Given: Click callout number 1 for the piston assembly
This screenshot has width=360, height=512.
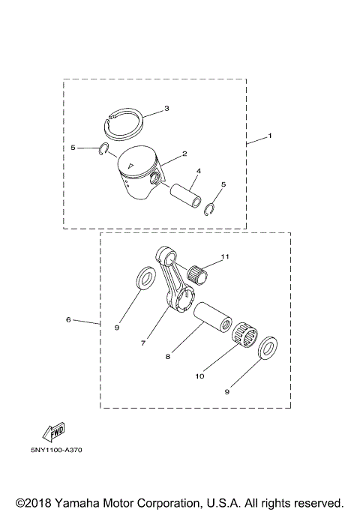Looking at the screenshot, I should tap(270, 136).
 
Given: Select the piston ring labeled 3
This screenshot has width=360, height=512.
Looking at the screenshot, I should tap(124, 118).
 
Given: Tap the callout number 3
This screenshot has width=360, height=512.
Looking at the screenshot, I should tap(166, 108).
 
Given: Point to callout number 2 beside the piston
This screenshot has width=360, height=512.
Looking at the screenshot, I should tap(184, 156).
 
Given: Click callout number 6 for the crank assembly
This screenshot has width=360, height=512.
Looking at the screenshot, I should tap(68, 319).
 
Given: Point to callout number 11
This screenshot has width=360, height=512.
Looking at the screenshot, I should tap(226, 257).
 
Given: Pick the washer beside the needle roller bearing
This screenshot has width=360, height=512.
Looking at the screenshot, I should tap(266, 348).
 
